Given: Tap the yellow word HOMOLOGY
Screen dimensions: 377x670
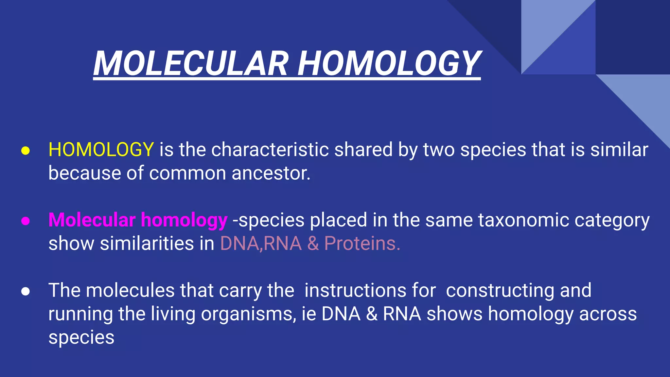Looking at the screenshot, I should [x=101, y=150].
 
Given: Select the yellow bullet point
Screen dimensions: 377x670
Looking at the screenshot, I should [x=26, y=151].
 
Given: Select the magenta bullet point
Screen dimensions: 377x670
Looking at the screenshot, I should [x=26, y=221].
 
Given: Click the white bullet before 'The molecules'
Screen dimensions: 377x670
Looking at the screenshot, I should [x=26, y=291].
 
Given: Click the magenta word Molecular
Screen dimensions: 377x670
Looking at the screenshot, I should [x=92, y=220].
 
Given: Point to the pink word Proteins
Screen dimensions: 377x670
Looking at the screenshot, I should [x=362, y=243].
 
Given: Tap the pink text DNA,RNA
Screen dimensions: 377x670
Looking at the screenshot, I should [x=261, y=243].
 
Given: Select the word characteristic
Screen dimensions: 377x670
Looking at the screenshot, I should [x=270, y=150].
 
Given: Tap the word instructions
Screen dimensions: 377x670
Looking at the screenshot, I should [x=370, y=290].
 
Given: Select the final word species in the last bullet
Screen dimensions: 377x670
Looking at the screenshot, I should [x=81, y=338].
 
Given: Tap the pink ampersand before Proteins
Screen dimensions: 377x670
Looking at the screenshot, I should [x=313, y=243].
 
